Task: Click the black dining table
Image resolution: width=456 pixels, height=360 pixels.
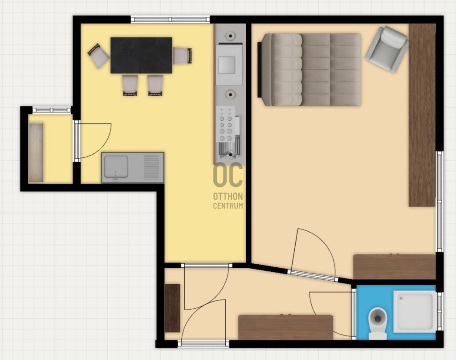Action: point(141,55)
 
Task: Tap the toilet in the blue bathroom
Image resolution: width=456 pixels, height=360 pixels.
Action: point(378,323)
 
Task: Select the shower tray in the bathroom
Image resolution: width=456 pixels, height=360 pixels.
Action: point(415,312)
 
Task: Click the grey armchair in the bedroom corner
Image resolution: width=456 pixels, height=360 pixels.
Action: point(387,49)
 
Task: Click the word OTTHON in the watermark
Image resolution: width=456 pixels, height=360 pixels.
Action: point(228,196)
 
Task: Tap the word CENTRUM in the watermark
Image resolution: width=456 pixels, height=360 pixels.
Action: point(228,206)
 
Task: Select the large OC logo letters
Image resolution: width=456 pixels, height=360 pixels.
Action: point(228,175)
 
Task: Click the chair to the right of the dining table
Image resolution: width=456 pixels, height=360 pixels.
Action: point(182,56)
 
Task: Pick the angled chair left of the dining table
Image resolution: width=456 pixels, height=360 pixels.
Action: point(98,56)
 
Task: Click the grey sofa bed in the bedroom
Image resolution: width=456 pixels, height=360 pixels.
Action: point(309,70)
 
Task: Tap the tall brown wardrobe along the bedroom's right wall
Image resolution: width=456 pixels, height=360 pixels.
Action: point(422,115)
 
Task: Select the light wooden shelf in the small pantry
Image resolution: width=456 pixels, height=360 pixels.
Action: point(36,153)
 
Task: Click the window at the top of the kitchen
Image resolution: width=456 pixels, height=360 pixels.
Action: point(170,20)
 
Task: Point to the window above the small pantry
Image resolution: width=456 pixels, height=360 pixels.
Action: point(52,110)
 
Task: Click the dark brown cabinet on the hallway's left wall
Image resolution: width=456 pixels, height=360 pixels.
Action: point(172,308)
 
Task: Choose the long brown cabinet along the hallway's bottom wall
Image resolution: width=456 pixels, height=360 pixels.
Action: point(285,327)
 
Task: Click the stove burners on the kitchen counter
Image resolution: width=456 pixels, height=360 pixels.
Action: point(226,124)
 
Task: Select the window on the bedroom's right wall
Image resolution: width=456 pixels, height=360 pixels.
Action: point(440,201)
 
